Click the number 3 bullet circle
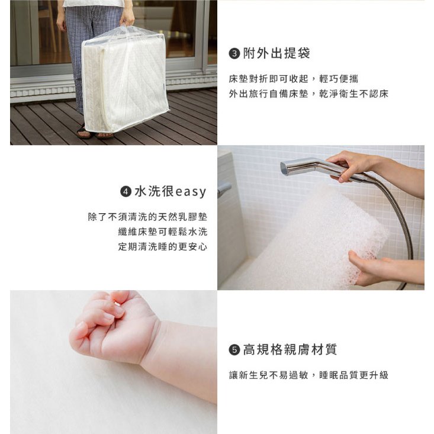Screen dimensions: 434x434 pyautogui.click(x=234, y=53)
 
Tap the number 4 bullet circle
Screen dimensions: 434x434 pyautogui.click(x=126, y=191)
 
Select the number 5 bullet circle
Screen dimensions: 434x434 pyautogui.click(x=234, y=350)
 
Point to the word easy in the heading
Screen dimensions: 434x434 pyautogui.click(x=191, y=192)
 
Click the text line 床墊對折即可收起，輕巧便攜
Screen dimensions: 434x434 pyautogui.click(x=294, y=79)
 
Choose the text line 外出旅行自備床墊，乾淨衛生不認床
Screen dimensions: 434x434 pyautogui.click(x=308, y=94)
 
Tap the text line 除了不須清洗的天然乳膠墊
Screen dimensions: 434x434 pyautogui.click(x=147, y=217)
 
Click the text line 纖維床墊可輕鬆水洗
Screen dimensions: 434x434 pyautogui.click(x=163, y=232)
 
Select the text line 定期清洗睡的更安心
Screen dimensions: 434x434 pyautogui.click(x=163, y=247)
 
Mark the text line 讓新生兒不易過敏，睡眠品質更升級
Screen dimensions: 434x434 pyautogui.click(x=308, y=375)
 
